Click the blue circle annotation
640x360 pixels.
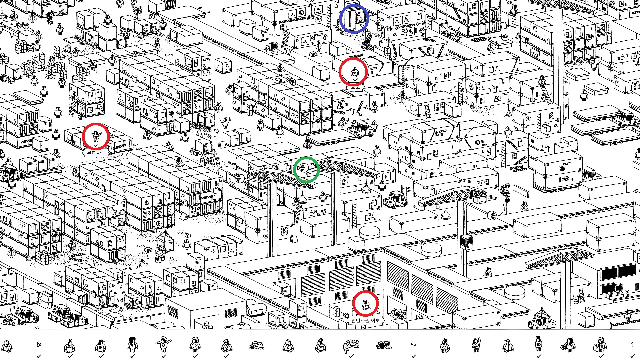point(354,19)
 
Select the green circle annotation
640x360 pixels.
point(306,170)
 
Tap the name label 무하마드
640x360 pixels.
point(96,153)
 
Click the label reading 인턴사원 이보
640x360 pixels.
point(365,320)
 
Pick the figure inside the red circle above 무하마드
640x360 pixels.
point(96,136)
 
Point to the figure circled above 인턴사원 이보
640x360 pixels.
point(365,303)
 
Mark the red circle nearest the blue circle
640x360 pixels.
point(353,72)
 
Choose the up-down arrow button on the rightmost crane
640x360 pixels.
point(492,215)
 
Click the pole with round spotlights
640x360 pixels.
point(505,193)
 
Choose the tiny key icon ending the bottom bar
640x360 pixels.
point(632,345)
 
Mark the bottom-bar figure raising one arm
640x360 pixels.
point(476,345)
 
